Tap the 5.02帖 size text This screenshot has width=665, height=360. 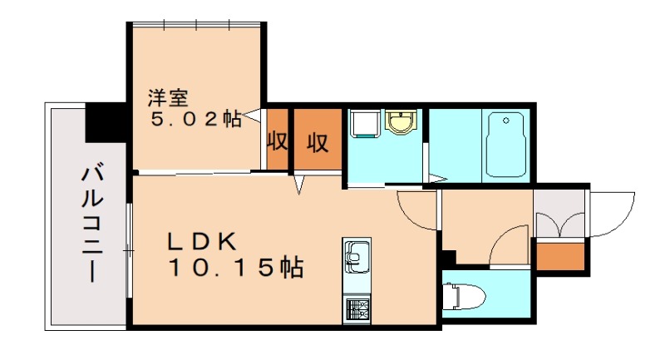coord(195,118)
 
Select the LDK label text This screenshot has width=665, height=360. coord(203,242)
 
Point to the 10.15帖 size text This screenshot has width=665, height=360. coord(235,268)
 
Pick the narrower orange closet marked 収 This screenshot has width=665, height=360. coord(277,141)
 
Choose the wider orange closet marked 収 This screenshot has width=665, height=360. coord(317,142)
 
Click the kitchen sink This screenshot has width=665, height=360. coord(357,258)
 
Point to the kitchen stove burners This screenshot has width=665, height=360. coord(357,309)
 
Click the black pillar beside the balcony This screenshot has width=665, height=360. coord(106,121)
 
